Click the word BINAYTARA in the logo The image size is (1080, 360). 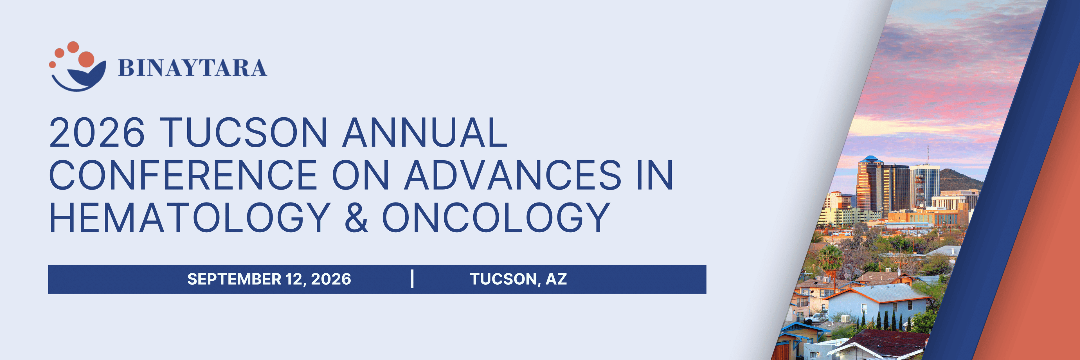pos(192,68)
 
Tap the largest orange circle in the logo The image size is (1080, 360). pos(86,59)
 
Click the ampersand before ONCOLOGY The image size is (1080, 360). pos(356,217)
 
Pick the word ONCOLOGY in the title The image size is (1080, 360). pos(496,217)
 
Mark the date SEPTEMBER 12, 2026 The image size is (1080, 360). pos(269,279)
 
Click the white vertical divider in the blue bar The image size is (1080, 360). pos(413,279)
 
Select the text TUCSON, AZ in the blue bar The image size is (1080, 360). pos(519,279)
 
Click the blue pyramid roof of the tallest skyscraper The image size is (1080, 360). pos(870,159)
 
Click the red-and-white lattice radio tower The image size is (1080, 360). pos(918,191)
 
